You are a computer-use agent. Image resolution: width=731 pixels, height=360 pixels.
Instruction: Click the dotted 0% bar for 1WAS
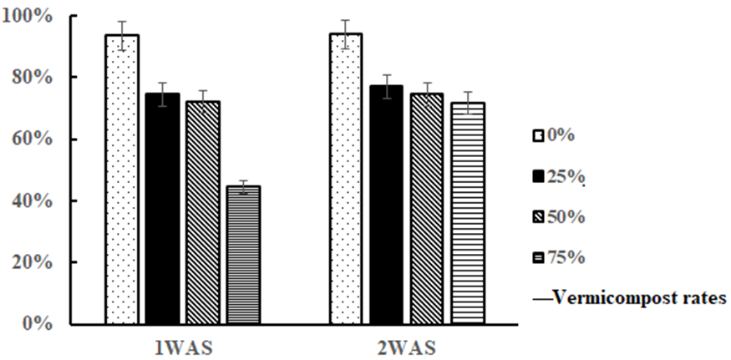pyautogui.click(x=122, y=180)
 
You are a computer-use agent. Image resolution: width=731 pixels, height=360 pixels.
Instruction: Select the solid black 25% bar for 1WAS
pyautogui.click(x=162, y=209)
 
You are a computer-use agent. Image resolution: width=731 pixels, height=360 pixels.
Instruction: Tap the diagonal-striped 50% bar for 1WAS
pyautogui.click(x=203, y=213)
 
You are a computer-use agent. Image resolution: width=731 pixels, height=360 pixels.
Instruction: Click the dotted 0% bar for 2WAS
pyautogui.click(x=346, y=179)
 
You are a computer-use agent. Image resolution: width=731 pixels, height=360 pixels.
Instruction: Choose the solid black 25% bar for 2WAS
pyautogui.click(x=386, y=205)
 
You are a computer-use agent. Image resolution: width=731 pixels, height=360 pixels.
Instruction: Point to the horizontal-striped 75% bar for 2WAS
pyautogui.click(x=468, y=213)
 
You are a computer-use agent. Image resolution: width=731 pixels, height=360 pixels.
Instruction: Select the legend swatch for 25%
pyautogui.click(x=539, y=176)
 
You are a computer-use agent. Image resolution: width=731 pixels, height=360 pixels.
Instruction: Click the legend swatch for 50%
pyautogui.click(x=539, y=217)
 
